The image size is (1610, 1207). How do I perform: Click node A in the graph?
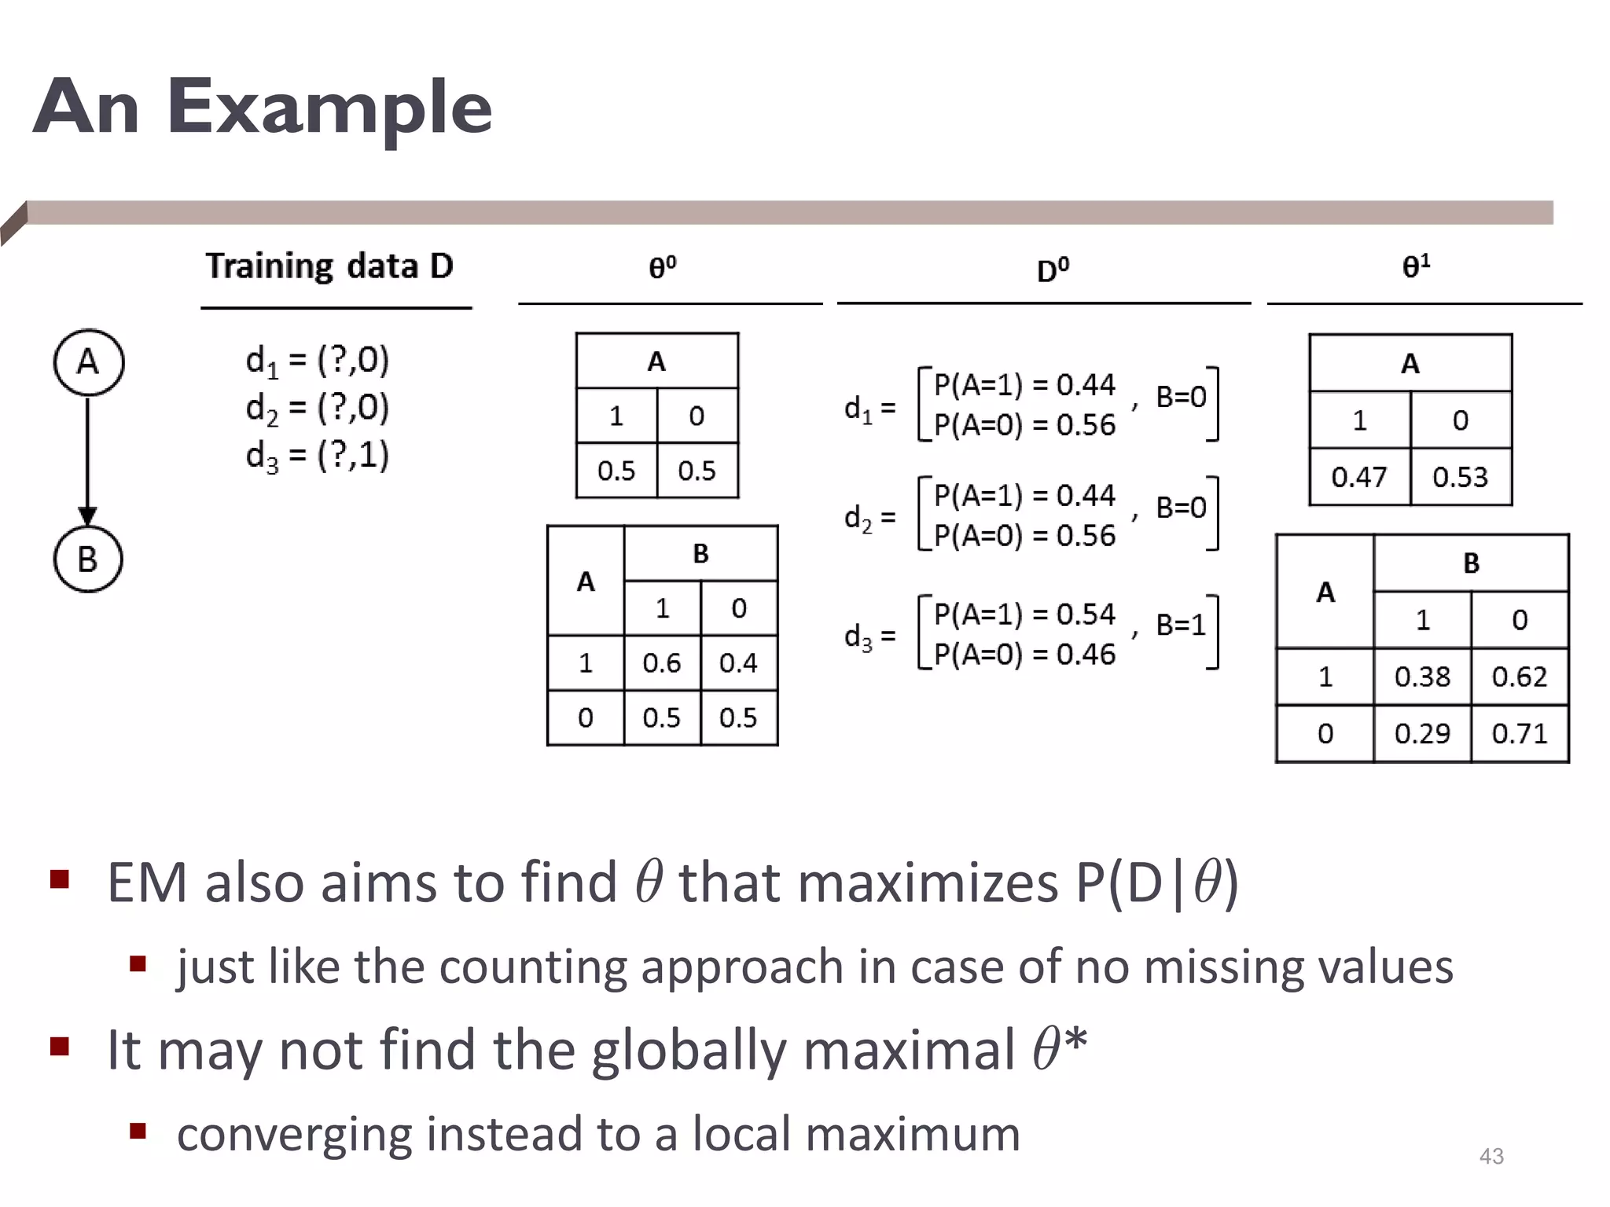pos(88,362)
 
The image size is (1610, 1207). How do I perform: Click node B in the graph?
pos(88,559)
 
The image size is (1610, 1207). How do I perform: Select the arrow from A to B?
pos(88,460)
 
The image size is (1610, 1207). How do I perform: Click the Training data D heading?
pos(329,266)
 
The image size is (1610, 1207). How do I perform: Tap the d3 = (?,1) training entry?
pos(317,455)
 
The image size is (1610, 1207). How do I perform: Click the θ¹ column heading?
pos(1416,267)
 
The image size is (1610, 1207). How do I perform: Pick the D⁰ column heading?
pos(1053,270)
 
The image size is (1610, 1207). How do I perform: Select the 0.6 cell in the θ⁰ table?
pos(661,663)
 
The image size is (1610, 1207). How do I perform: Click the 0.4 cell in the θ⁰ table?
pos(737,663)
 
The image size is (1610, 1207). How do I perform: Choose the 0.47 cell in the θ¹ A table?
pos(1358,477)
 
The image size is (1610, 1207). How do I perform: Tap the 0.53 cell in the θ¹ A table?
pos(1460,477)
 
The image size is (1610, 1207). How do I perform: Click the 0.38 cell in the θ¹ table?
pos(1421,677)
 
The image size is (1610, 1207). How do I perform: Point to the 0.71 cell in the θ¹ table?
pos(1519,734)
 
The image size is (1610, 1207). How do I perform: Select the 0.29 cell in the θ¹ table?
pos(1421,734)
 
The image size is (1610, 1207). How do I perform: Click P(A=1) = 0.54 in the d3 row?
pos(1024,615)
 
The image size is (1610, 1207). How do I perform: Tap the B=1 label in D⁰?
pos(1180,626)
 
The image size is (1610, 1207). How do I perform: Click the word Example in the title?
pos(329,108)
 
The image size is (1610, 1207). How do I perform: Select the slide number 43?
pos(1491,1156)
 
